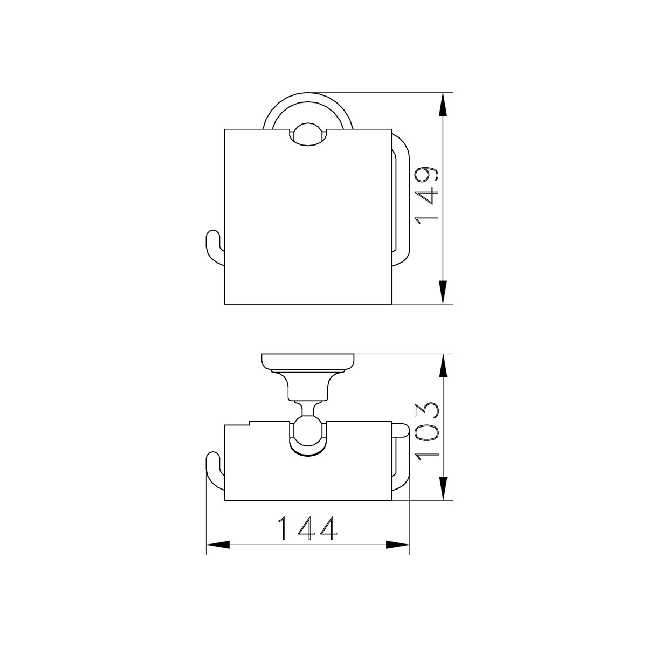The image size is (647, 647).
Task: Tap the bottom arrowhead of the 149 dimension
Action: tap(444, 292)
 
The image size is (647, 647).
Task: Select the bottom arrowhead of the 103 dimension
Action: tap(444, 488)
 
